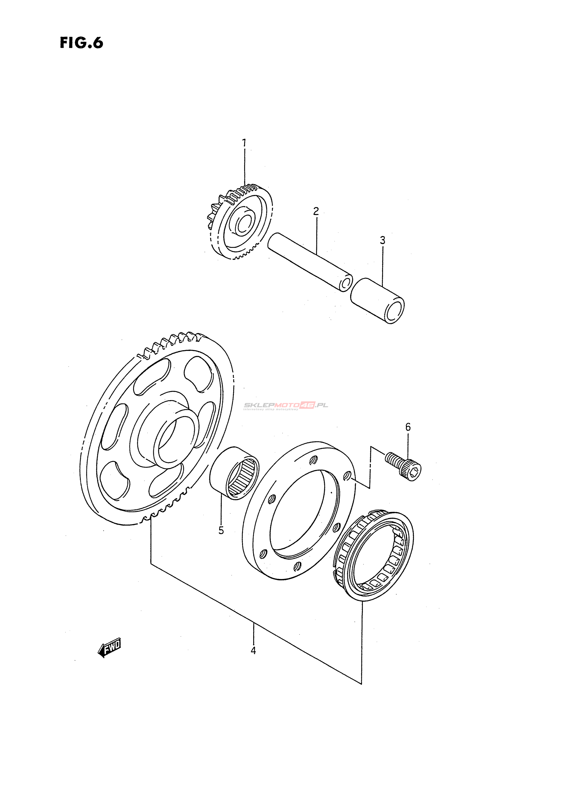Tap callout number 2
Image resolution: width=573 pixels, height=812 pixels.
[x=316, y=212]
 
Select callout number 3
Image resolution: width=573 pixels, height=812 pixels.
[x=383, y=240]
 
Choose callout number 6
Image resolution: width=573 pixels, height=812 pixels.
[x=408, y=427]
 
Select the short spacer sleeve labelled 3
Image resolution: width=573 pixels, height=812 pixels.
[x=377, y=301]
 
